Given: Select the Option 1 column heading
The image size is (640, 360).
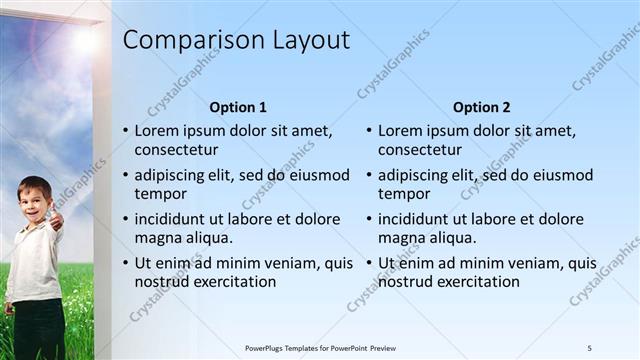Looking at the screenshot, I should [238, 107].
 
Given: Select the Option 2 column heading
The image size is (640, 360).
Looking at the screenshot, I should [481, 107].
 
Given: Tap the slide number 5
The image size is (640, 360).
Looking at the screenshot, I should [589, 348].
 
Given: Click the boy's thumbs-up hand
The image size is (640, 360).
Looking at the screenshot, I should [56, 218].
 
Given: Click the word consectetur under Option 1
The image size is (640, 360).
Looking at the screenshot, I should [176, 150].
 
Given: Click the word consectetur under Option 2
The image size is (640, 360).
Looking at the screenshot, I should [419, 150].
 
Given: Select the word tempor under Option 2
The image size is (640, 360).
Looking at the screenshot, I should [404, 194].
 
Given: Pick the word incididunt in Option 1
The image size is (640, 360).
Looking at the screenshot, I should [171, 219].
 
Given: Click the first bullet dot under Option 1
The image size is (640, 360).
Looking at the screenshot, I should [125, 131].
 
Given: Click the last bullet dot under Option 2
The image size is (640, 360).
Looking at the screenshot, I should [368, 264].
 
